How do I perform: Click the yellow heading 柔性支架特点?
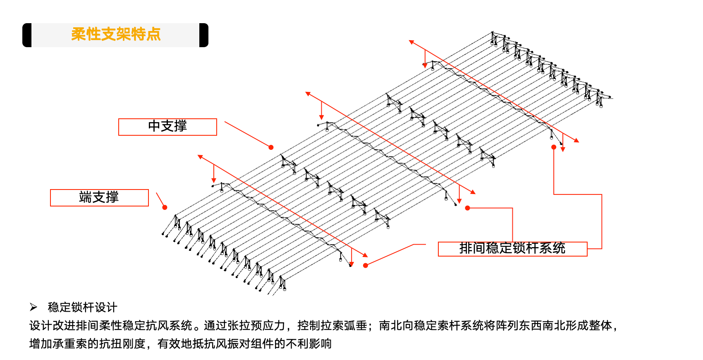coord(116,34)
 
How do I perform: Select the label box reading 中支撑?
coord(167,127)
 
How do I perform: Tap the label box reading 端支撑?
coord(99,197)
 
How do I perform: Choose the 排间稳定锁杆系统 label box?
coord(512,249)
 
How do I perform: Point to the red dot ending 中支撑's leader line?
coord(271,147)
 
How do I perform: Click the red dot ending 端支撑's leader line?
coord(165,207)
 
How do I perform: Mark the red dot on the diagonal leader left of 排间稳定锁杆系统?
coord(366,265)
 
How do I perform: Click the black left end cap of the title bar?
coord(27,35)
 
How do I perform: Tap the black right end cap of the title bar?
coord(203,35)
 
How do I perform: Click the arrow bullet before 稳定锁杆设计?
coord(33,307)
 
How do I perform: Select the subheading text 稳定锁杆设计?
coord(83,307)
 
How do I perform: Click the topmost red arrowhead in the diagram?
coord(411,42)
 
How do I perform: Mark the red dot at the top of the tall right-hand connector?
coord(554,147)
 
